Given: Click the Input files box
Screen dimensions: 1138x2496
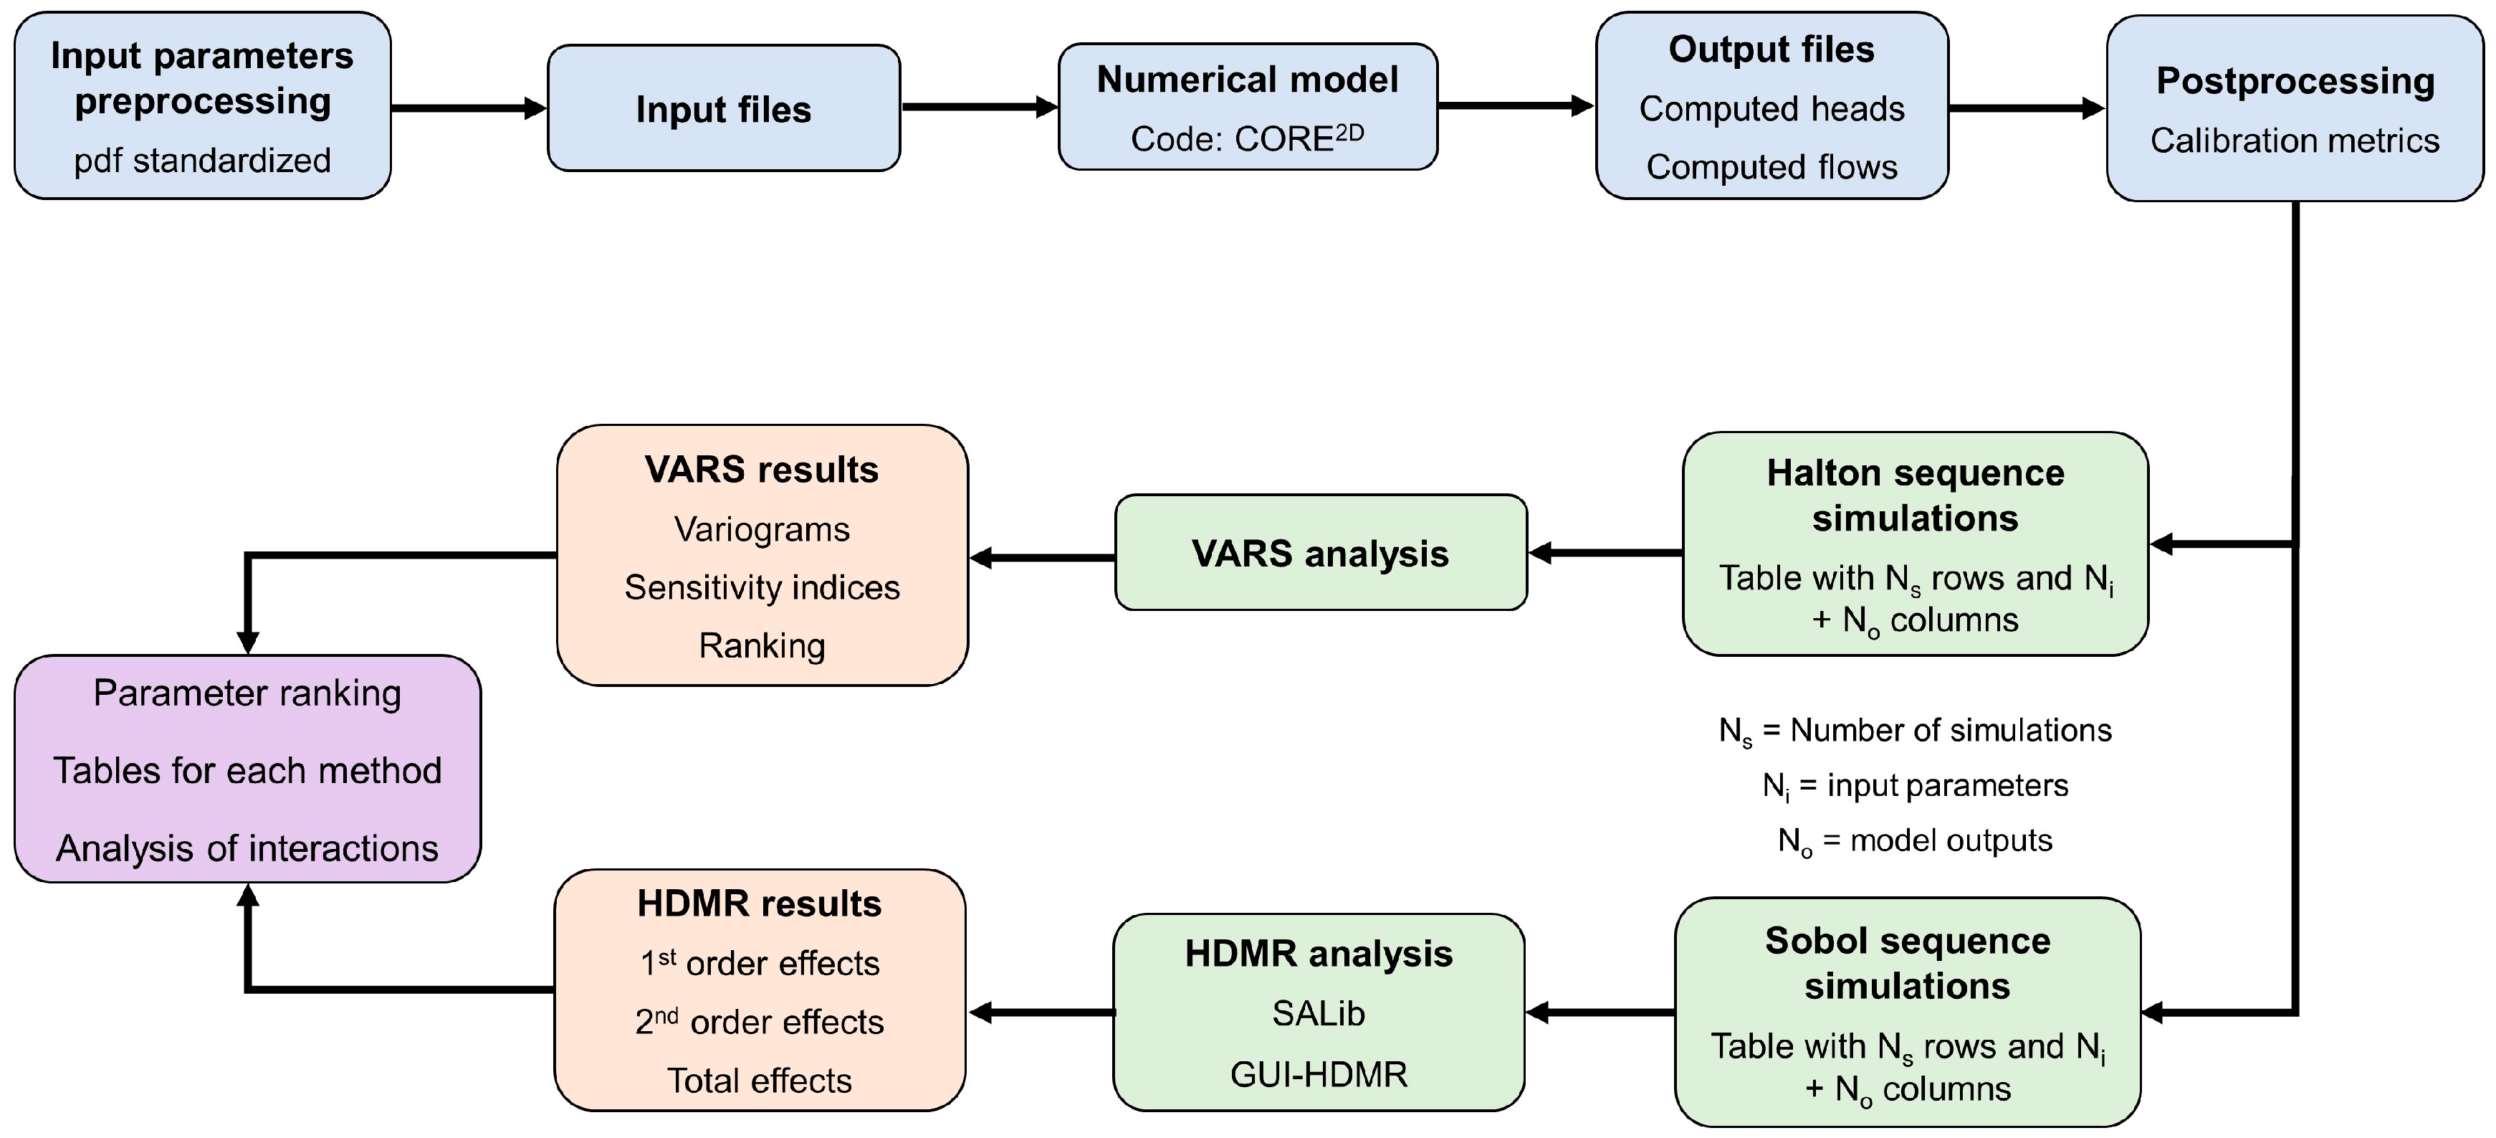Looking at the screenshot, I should (x=723, y=108).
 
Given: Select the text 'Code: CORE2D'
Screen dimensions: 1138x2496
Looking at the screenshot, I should (x=1247, y=138).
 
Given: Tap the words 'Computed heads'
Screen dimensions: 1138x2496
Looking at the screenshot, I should (x=1771, y=108).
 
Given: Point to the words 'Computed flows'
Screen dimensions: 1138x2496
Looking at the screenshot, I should (x=1771, y=167).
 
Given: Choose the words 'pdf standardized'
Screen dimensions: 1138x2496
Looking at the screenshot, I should (x=203, y=160).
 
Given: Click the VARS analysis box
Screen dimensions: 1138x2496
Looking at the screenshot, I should (x=1320, y=553).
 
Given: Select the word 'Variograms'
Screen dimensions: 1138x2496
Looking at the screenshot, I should (x=762, y=529).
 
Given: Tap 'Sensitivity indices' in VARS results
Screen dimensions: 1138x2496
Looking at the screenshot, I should (x=762, y=587).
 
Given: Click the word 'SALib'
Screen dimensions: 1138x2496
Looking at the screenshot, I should (x=1318, y=1013).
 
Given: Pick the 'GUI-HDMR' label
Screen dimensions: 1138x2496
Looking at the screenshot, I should (x=1318, y=1074).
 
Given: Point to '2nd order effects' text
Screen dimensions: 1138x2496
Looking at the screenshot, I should (x=760, y=1022).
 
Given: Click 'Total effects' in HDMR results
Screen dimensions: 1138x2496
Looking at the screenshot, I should (x=760, y=1080).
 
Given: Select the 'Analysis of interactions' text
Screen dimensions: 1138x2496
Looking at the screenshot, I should (x=247, y=848).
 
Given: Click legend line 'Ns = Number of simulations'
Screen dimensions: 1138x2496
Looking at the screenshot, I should (x=1915, y=730).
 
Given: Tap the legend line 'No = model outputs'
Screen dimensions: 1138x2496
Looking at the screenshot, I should (x=1915, y=840).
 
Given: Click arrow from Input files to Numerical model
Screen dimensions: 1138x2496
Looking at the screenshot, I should (x=979, y=107).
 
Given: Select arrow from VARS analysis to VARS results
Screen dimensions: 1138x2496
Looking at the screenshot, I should (x=1042, y=557).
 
